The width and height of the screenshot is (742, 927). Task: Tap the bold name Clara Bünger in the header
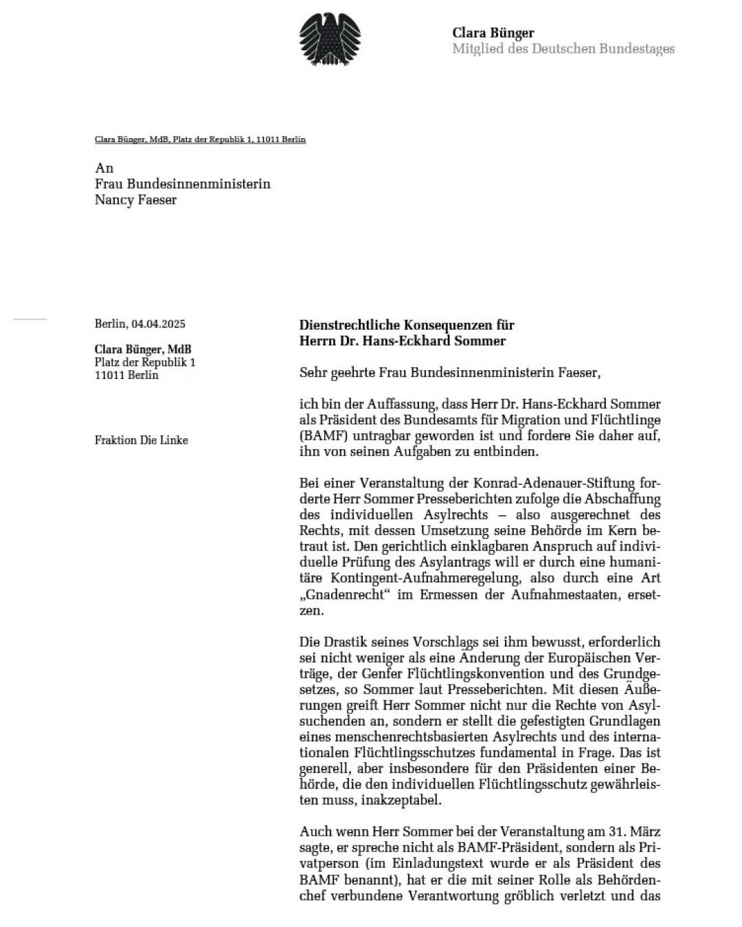tap(493, 32)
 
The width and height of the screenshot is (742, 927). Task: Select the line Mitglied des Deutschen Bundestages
tap(563, 49)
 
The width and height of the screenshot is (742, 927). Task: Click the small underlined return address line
tap(200, 139)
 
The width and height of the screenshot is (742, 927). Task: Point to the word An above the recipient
tap(104, 168)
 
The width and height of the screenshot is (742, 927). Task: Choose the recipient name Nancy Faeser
tap(135, 200)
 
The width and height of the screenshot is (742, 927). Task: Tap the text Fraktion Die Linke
tap(141, 440)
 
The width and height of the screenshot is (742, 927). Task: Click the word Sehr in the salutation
tap(313, 374)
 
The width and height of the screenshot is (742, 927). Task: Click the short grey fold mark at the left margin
tap(30, 319)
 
